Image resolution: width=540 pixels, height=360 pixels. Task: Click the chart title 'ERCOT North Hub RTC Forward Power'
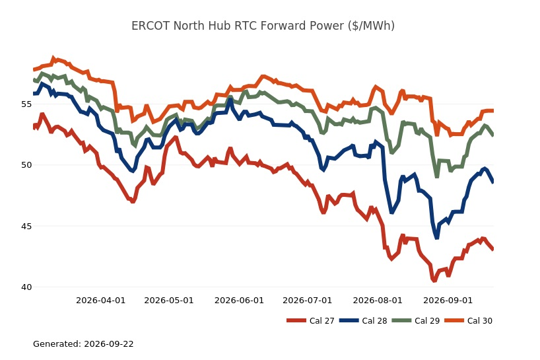point(238,26)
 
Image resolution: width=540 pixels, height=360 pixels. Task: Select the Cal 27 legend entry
point(310,321)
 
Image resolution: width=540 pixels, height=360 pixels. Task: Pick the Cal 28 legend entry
point(363,321)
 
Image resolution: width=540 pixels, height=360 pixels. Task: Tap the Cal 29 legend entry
point(416,321)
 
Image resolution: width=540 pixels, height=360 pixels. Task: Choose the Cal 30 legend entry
point(468,321)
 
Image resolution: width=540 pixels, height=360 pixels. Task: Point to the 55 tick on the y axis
point(26,104)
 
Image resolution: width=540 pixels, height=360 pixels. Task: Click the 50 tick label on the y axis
point(26,165)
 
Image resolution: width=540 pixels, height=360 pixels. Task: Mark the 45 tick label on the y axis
point(26,227)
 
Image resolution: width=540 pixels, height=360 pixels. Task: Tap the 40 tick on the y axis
point(26,287)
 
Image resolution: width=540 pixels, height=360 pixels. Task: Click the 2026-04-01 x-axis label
point(100,301)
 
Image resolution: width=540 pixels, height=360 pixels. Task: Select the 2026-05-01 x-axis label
point(169,301)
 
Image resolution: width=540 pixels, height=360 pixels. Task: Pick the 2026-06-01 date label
point(239,301)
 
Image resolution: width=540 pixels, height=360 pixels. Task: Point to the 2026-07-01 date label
point(307,301)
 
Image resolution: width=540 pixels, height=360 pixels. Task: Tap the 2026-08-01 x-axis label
point(378,301)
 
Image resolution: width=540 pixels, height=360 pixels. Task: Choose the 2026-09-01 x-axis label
point(448,301)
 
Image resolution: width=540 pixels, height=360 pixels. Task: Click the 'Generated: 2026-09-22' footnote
point(83,343)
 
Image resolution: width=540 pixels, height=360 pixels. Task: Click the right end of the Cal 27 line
point(493,249)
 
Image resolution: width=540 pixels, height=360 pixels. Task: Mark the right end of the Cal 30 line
point(493,110)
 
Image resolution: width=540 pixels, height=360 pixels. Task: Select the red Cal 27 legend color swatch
point(296,321)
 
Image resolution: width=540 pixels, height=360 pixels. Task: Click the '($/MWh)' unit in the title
point(371,26)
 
